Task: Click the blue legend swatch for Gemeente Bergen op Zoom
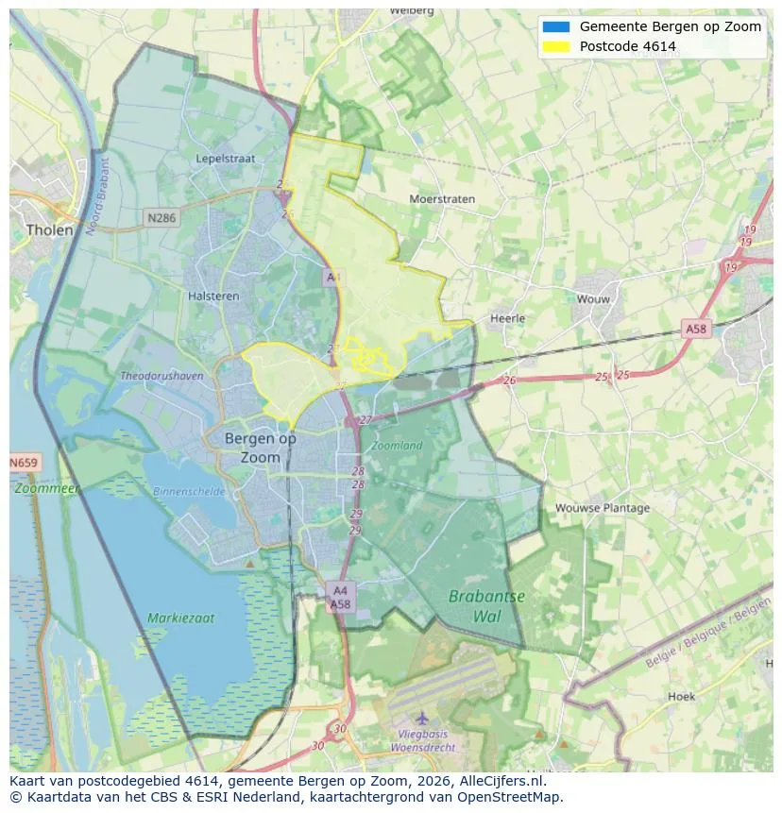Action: (557, 26)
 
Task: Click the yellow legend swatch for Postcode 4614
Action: (557, 46)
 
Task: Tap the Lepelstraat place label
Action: (226, 159)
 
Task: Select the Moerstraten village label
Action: (442, 199)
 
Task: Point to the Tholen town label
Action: (49, 229)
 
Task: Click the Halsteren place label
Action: (213, 296)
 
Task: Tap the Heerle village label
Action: (507, 318)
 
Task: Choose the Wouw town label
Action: (594, 299)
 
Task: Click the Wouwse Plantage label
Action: (603, 508)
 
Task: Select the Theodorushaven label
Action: (161, 376)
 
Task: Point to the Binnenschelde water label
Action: (190, 491)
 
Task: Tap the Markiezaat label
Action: (180, 618)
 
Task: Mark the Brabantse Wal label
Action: (486, 606)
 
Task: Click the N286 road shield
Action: (161, 217)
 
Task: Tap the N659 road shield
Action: (25, 464)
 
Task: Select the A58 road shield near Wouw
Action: (696, 329)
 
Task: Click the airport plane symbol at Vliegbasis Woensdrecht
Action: (421, 720)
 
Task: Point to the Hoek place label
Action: (681, 696)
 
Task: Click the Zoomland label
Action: (397, 445)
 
